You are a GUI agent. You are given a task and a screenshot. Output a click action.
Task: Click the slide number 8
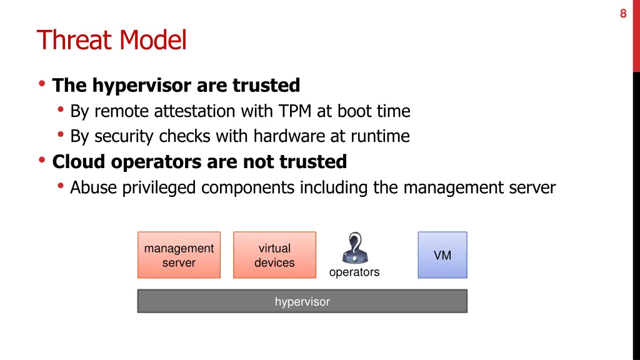pyautogui.click(x=622, y=13)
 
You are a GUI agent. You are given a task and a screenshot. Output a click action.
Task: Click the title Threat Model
pyautogui.click(x=112, y=41)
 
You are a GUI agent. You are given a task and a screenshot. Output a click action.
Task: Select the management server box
pyautogui.click(x=179, y=255)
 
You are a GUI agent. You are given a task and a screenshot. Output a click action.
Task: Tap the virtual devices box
pyautogui.click(x=274, y=255)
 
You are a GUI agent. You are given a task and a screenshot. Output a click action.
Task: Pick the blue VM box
pyautogui.click(x=442, y=255)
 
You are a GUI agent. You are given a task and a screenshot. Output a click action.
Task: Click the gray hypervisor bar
pyautogui.click(x=302, y=302)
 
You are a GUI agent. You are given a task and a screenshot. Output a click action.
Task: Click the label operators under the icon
pyautogui.click(x=354, y=272)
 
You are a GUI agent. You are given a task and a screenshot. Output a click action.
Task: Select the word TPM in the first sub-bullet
pyautogui.click(x=294, y=111)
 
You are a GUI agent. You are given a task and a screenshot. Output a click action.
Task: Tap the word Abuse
pyautogui.click(x=89, y=187)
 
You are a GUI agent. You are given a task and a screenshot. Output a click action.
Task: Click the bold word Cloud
pyautogui.click(x=79, y=162)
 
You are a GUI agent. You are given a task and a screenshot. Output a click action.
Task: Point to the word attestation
pyautogui.click(x=193, y=111)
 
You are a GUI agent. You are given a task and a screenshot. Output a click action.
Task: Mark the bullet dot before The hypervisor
pyautogui.click(x=42, y=84)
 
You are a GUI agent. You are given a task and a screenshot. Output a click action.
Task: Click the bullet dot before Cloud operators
pyautogui.click(x=42, y=161)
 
